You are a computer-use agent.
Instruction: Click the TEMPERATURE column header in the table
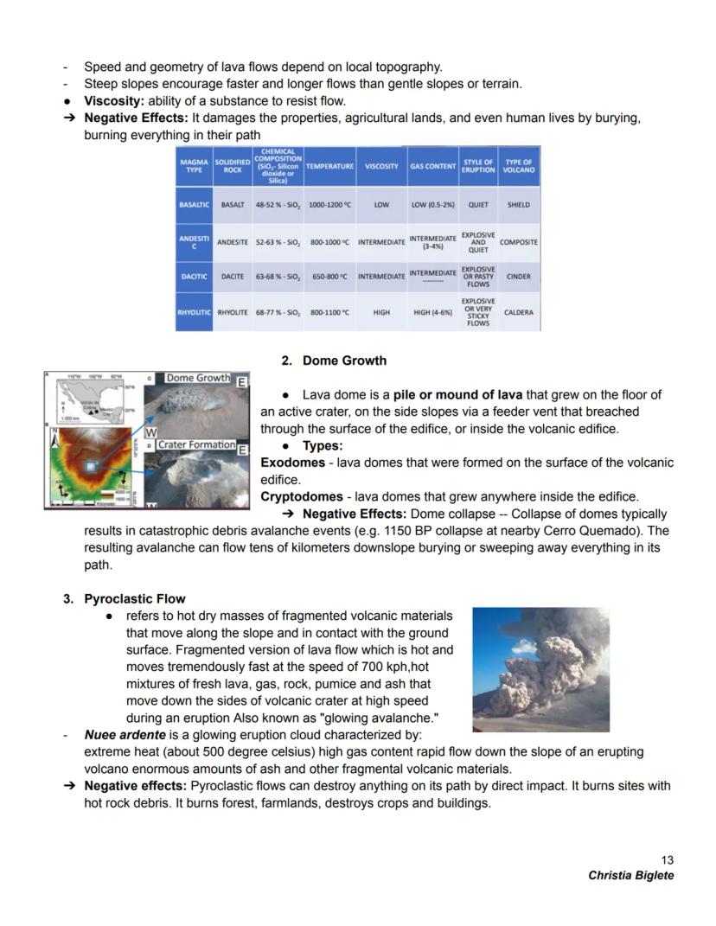click(329, 165)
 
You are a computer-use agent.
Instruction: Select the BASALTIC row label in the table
click(195, 205)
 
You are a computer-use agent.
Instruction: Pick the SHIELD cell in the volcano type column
click(519, 205)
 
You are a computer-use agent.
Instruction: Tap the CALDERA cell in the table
click(519, 312)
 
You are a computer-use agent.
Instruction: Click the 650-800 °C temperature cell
click(329, 277)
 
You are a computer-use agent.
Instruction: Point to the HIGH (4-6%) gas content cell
click(432, 312)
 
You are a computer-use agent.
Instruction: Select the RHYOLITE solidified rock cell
click(233, 312)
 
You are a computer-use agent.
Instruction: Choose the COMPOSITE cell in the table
click(519, 242)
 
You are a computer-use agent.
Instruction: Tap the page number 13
click(667, 859)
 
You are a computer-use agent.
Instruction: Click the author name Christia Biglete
click(630, 875)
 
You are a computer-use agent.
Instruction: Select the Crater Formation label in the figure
click(197, 444)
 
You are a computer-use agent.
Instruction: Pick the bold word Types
click(323, 446)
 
